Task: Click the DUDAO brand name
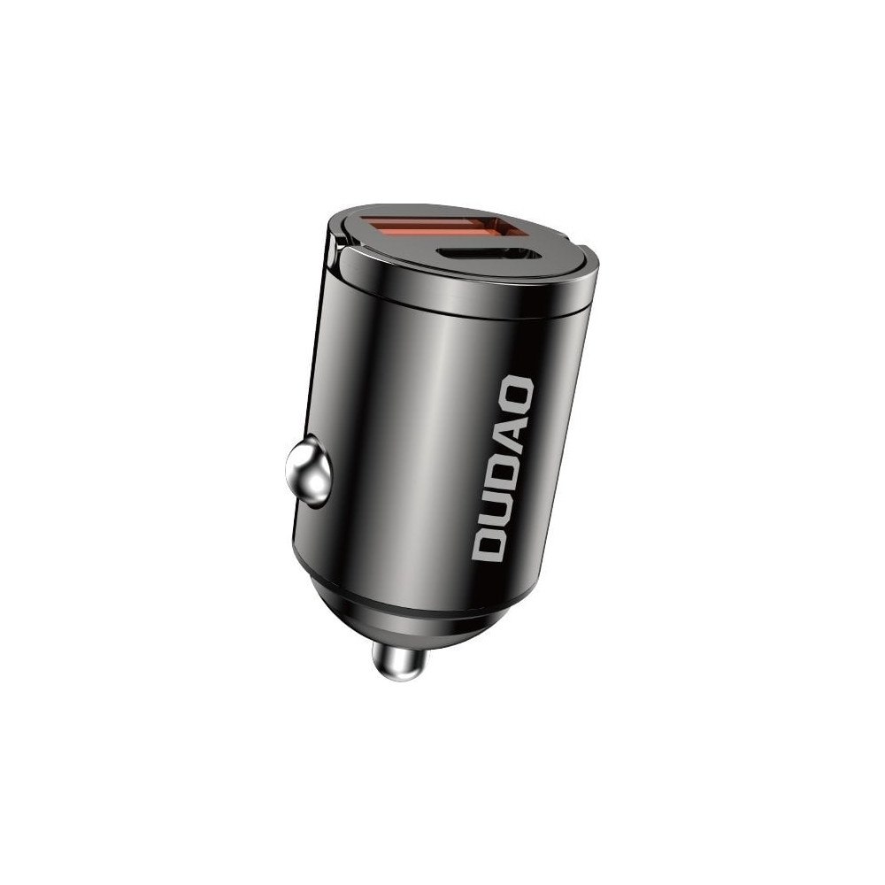coord(501,469)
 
